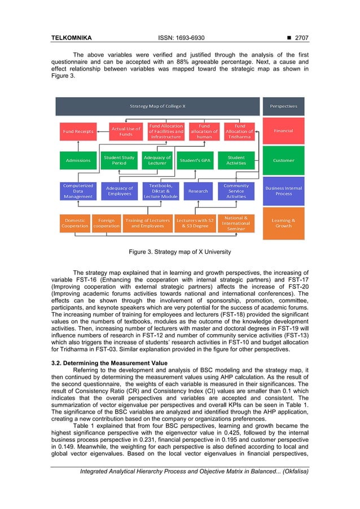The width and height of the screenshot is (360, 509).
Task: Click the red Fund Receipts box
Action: pyautogui.click(x=77, y=131)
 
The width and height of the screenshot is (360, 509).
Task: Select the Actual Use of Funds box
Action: pyautogui.click(x=126, y=131)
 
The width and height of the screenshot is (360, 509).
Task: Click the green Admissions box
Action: pyautogui.click(x=77, y=160)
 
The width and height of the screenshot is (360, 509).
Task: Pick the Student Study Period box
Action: pyautogui.click(x=119, y=160)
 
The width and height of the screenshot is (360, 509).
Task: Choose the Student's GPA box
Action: pyautogui.click(x=195, y=160)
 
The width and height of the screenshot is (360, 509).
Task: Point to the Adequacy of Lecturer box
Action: pyautogui.click(x=157, y=160)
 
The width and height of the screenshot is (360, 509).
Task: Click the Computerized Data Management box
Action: pyautogui.click(x=78, y=191)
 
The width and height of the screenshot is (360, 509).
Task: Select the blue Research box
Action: pyautogui.click(x=198, y=191)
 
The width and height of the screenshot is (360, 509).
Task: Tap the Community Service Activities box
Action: pyautogui.click(x=236, y=191)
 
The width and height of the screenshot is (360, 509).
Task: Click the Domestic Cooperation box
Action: pyautogui.click(x=75, y=223)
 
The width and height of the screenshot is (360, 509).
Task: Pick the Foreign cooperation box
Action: pyautogui.click(x=106, y=223)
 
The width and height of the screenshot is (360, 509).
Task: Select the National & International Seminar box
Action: pyautogui.click(x=236, y=223)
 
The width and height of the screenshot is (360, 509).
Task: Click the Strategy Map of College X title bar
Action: pyautogui.click(x=157, y=106)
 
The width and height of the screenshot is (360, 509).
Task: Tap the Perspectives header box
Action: pyautogui.click(x=283, y=106)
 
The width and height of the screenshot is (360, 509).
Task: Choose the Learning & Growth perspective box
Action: pyautogui.click(x=283, y=223)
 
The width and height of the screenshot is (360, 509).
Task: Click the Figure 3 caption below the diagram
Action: pyautogui.click(x=179, y=251)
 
